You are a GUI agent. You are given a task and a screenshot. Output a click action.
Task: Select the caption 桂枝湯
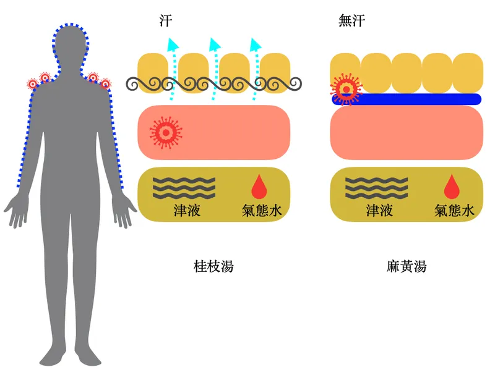213,266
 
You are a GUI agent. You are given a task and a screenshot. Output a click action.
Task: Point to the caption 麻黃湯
407,266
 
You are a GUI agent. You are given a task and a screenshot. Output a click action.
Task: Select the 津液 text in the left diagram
187,211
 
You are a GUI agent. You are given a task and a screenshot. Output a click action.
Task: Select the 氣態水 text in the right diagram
454,211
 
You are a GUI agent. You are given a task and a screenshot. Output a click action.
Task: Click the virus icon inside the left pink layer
165,131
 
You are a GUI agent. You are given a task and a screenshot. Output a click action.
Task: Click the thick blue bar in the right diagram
421,99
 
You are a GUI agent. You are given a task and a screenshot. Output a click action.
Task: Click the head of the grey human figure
71,44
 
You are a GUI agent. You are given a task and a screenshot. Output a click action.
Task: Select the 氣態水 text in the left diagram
262,211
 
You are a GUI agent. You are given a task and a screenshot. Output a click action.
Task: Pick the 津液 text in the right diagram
379,211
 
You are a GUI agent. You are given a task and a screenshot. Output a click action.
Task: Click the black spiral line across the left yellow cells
213,83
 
